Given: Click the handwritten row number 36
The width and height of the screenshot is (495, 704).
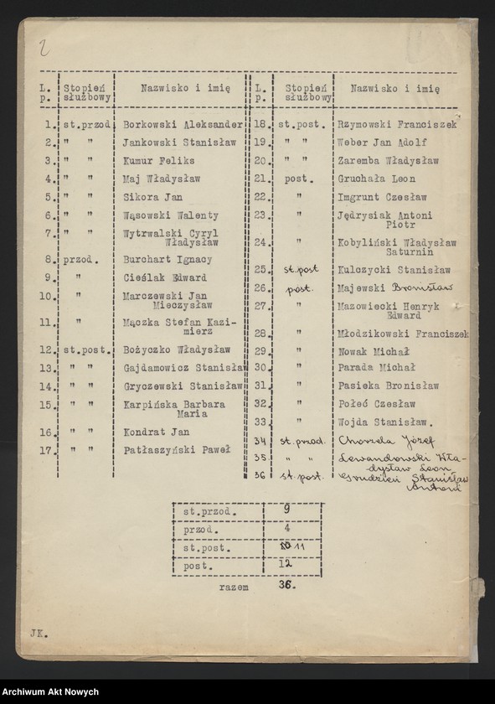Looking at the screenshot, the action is (x=260, y=476).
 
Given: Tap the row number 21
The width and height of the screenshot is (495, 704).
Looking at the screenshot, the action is (x=260, y=179).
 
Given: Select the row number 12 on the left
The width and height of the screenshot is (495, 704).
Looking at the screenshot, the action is (x=49, y=349).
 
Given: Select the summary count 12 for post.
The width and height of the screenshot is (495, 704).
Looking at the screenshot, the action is (x=285, y=566).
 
